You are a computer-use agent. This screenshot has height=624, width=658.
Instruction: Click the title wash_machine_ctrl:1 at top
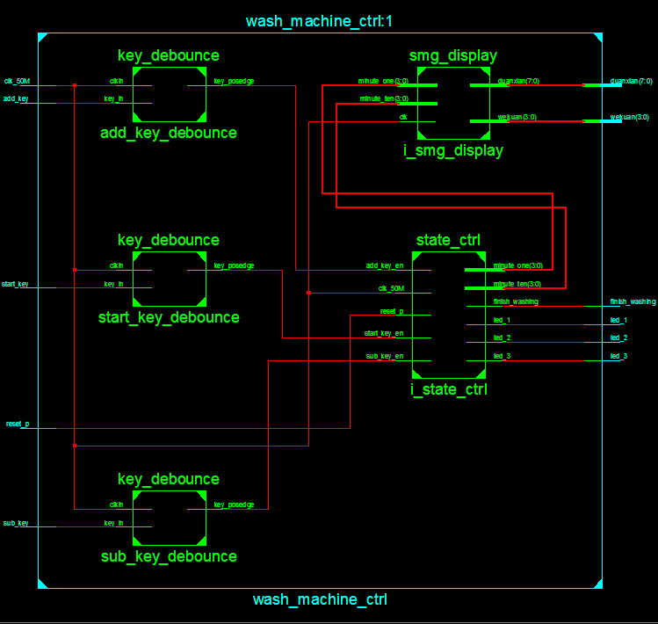click(x=319, y=21)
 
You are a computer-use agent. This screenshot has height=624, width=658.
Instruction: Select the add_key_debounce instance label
click(x=168, y=134)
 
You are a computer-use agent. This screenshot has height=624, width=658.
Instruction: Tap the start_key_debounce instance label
click(x=168, y=317)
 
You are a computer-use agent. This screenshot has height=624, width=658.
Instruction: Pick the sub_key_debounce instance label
click(x=168, y=556)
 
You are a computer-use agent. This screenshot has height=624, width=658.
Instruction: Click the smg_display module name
click(x=452, y=56)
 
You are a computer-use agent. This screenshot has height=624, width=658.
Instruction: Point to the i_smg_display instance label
click(x=452, y=151)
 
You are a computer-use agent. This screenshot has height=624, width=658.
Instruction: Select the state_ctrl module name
click(x=448, y=240)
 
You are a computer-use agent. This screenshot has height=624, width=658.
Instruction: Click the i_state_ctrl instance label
click(x=448, y=389)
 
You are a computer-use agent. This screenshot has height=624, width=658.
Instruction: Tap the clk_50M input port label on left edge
click(x=17, y=81)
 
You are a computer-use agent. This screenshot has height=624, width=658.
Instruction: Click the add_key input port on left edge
click(x=15, y=99)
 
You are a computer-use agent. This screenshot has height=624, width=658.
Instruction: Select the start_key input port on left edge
click(x=16, y=284)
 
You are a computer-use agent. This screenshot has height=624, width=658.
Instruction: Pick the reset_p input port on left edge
click(x=17, y=424)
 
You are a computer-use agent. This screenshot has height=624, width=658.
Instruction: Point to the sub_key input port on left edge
click(x=15, y=523)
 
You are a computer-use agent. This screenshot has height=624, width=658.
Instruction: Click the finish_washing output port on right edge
click(x=633, y=301)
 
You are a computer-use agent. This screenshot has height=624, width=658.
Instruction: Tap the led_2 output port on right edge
click(x=618, y=338)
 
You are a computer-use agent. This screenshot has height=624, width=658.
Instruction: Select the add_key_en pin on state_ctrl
click(x=385, y=265)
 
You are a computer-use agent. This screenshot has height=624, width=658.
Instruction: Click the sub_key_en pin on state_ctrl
click(x=385, y=356)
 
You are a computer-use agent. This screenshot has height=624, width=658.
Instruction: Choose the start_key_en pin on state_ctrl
click(x=384, y=333)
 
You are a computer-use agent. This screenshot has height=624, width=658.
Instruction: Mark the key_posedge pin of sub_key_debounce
click(x=234, y=504)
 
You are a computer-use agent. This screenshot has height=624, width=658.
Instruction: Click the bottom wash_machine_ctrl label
click(x=319, y=600)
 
